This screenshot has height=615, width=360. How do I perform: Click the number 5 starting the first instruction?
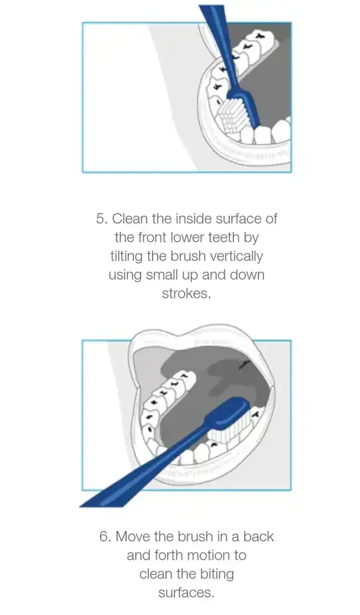tap(101, 219)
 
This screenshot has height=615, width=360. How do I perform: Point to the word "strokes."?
tap(187, 294)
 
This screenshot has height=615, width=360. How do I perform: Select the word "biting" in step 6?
tap(217, 574)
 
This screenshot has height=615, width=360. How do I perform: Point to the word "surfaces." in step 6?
tap(187, 592)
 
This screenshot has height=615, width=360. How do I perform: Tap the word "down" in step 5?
tap(248, 275)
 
